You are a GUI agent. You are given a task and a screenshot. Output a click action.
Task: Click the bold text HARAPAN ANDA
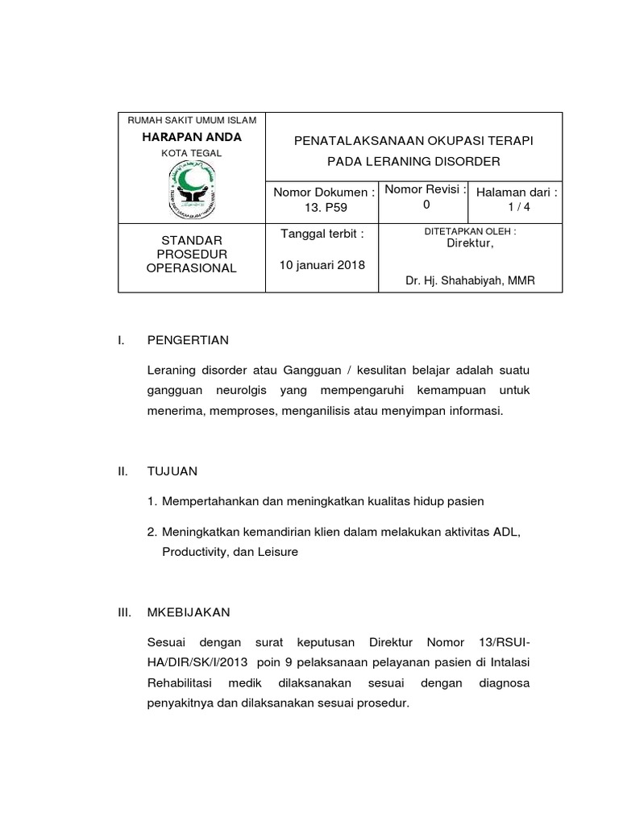[x=191, y=137]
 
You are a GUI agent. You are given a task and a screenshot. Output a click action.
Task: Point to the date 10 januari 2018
[x=322, y=265]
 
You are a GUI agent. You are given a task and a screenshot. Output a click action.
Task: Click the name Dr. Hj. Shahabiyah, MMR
[x=471, y=280]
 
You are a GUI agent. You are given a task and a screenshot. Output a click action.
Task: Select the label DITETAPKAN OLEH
[x=470, y=231]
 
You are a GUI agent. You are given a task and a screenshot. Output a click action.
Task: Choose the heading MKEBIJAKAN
[x=189, y=612]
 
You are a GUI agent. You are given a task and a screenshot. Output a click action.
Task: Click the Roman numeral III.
[x=124, y=612]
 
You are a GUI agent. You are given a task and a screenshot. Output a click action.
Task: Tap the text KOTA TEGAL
[x=191, y=153]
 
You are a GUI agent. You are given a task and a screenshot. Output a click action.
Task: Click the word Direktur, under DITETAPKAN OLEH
[x=471, y=243]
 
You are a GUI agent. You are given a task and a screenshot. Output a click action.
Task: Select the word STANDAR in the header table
[x=191, y=241]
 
